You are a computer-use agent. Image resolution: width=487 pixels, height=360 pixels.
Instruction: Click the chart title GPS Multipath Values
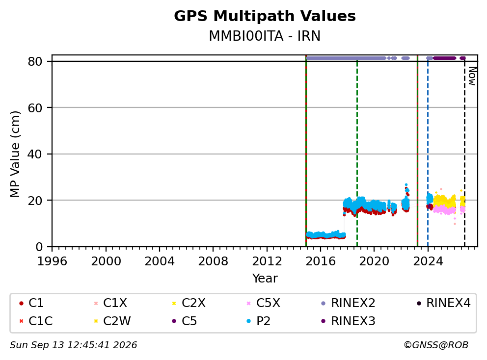(265, 16)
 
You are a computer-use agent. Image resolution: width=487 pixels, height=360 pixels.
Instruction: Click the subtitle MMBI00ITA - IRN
(265, 36)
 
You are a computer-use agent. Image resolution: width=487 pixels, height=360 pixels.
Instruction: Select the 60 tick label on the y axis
(35, 108)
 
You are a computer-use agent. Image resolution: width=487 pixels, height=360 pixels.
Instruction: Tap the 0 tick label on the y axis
(39, 247)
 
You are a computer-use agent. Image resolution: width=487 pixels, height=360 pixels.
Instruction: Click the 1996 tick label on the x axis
(52, 261)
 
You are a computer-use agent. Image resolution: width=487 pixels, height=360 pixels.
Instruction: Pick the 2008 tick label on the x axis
(213, 261)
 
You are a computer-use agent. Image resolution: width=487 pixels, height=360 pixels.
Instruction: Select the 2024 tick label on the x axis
(428, 261)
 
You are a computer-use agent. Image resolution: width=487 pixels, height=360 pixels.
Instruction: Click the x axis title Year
(265, 279)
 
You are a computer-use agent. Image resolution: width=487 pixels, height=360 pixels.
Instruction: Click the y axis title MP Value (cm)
(15, 154)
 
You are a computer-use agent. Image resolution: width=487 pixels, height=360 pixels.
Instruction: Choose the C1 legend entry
(31, 303)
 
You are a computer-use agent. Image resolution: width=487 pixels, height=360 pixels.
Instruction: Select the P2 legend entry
(258, 321)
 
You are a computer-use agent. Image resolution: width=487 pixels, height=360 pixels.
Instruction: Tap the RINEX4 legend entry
(444, 303)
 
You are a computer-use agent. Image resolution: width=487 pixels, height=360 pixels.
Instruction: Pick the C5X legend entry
(263, 303)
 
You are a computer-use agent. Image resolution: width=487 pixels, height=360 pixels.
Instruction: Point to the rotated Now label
(472, 77)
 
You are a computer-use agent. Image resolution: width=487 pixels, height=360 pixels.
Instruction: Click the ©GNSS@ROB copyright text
(436, 345)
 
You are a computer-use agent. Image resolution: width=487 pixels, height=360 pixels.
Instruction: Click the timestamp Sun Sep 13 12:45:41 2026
(73, 345)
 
